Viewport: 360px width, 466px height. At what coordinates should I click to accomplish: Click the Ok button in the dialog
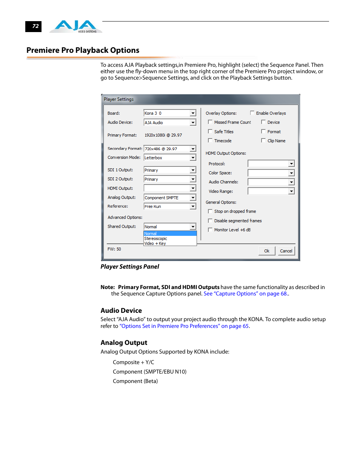pos(266,251)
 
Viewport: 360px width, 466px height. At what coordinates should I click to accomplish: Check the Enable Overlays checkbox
pos(252,113)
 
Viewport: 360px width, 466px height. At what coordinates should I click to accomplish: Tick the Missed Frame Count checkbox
pos(210,122)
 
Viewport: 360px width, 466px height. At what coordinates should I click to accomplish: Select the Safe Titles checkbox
pos(210,131)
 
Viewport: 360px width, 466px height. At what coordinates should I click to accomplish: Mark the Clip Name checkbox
pos(263,140)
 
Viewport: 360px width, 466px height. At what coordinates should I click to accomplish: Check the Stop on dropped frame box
pos(210,211)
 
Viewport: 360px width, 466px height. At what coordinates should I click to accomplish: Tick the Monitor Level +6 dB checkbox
pos(210,230)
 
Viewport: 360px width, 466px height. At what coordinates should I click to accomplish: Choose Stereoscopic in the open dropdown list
pos(156,238)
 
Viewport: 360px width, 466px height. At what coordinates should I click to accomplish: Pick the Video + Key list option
pos(155,243)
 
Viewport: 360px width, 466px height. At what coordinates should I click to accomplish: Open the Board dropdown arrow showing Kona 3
pos(193,113)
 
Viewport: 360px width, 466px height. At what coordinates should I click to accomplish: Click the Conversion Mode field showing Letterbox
pos(166,158)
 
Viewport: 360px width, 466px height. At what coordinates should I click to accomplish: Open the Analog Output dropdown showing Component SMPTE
pos(193,197)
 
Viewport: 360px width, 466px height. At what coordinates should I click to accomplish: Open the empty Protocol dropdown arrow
pos(291,164)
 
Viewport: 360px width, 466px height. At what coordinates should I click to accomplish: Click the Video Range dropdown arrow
pos(291,191)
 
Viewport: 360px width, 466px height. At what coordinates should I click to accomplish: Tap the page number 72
pos(35,26)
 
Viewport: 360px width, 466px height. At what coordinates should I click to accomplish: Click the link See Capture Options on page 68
pos(246,294)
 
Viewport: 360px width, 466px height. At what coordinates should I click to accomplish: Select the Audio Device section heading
pos(121,311)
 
